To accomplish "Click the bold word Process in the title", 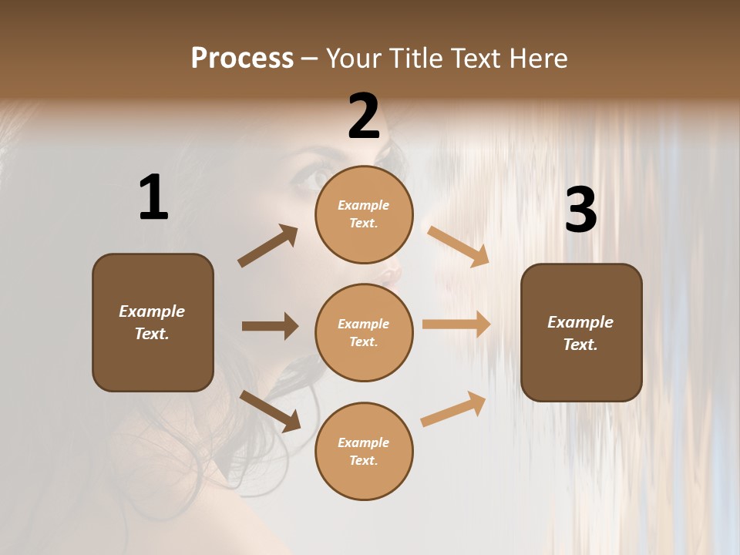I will coord(242,59).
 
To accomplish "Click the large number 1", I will coord(153,198).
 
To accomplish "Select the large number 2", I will coord(364,116).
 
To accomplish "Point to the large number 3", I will coord(580,210).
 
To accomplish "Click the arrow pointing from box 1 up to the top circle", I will coord(267,246).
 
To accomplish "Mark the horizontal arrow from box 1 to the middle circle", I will coord(270,326).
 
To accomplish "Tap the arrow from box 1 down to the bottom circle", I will coord(271,411).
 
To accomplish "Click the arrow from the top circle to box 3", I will coord(458,246).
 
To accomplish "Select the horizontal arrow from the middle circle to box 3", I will coord(456,325).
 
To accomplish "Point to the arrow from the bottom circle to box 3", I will coord(453,409).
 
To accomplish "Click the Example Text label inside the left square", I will coord(153,322).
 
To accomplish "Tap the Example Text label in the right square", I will coord(580,333).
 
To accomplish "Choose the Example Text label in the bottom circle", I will coord(364,452).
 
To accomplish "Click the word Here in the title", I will coord(537,59).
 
